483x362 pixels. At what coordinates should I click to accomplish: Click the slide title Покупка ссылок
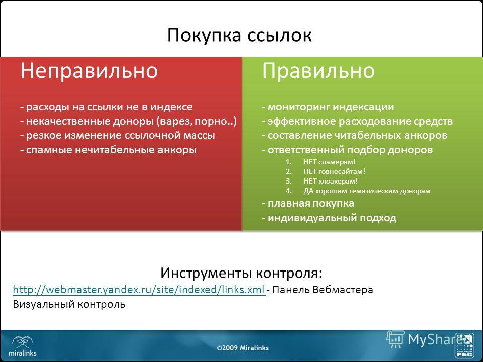(x=239, y=35)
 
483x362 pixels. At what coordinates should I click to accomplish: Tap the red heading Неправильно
(x=90, y=70)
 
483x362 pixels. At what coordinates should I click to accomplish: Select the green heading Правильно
(x=318, y=71)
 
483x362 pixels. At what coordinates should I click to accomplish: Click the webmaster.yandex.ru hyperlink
(x=139, y=290)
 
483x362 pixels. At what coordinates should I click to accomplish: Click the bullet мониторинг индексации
(x=328, y=107)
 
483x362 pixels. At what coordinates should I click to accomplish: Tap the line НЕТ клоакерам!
(x=331, y=181)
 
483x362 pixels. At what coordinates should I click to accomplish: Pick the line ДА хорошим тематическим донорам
(x=367, y=191)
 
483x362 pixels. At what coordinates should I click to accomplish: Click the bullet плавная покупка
(x=308, y=203)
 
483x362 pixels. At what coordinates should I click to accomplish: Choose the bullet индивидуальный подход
(x=329, y=218)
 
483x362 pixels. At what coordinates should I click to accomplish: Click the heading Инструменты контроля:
(x=241, y=273)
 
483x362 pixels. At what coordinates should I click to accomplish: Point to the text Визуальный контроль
(x=69, y=304)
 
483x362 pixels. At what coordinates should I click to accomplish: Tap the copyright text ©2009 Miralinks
(x=243, y=348)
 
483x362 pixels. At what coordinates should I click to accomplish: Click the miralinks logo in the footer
(x=23, y=346)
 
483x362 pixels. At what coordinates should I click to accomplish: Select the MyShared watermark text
(x=439, y=340)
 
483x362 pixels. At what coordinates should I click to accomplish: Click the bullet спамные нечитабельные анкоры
(x=108, y=150)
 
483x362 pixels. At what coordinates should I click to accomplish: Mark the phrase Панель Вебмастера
(x=323, y=290)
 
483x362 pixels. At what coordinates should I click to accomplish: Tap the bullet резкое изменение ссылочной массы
(x=117, y=135)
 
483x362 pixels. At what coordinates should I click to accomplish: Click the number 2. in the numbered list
(x=289, y=171)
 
